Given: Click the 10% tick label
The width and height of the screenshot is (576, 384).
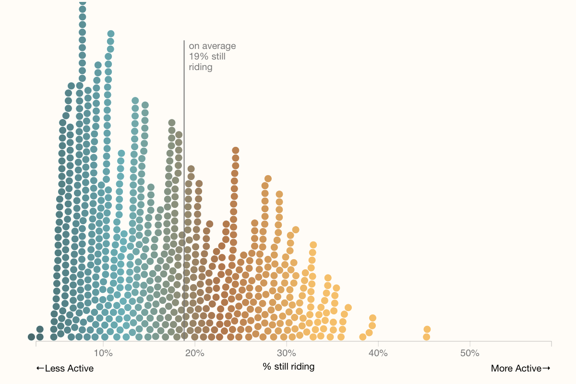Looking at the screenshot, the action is [x=103, y=353].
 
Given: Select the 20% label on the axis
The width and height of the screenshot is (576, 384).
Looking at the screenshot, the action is [x=195, y=353].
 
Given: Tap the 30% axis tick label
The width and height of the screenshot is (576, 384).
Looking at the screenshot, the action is [x=287, y=353].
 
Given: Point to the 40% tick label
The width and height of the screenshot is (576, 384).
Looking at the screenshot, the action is [x=378, y=353].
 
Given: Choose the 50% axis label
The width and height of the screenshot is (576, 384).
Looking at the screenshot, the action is [x=470, y=353].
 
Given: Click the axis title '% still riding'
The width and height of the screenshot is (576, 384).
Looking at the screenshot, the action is [x=288, y=367].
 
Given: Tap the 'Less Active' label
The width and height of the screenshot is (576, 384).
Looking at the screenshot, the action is [x=69, y=368].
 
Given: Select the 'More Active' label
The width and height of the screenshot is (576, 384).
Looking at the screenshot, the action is [x=516, y=368].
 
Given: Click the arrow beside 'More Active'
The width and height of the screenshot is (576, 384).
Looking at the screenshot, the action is [x=546, y=368].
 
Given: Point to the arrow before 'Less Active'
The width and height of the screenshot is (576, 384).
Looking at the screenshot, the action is [x=40, y=368].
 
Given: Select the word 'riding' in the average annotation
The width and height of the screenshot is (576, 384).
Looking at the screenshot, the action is [x=201, y=67].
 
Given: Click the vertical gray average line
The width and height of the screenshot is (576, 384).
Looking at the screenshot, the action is [x=184, y=191].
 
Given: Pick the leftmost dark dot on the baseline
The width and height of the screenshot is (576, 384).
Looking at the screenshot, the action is [x=31, y=337].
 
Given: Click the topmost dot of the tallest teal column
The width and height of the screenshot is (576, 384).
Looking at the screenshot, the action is [x=82, y=2].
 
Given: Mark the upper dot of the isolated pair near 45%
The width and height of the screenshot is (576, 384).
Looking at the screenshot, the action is [x=427, y=329].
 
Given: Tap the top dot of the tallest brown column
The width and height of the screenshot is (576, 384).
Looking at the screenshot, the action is [x=236, y=150].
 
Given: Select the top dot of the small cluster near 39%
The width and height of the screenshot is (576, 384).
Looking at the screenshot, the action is [x=372, y=318].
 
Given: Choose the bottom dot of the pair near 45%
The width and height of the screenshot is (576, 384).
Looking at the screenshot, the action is [x=426, y=337].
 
